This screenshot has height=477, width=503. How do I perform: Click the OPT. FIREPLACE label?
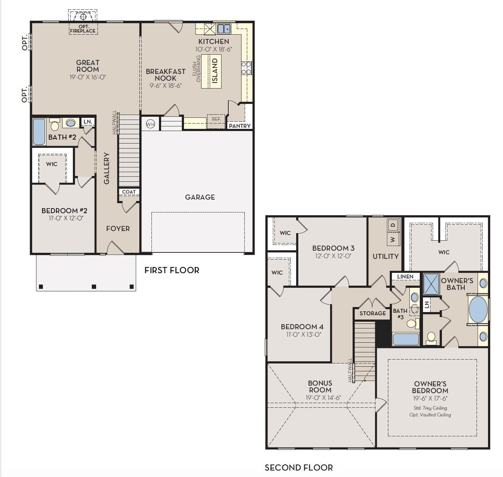(83, 29)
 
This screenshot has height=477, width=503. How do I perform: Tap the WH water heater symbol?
(150, 124)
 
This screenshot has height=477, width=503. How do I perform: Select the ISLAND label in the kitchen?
(215, 71)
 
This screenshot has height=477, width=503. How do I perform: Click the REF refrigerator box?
(216, 119)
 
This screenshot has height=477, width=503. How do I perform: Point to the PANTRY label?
(240, 126)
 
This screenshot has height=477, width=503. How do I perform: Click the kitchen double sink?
(224, 28)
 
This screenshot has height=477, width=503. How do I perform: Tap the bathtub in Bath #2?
(39, 132)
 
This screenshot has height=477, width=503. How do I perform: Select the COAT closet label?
(129, 192)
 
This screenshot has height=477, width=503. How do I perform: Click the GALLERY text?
(106, 169)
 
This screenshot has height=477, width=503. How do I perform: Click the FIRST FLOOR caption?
(172, 270)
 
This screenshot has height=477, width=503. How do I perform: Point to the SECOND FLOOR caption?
(299, 467)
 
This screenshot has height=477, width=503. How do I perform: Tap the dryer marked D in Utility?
(393, 226)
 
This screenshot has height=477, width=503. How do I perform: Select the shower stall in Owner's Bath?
(431, 284)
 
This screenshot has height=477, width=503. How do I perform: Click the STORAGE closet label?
(373, 313)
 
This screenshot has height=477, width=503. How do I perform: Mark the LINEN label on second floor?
(405, 276)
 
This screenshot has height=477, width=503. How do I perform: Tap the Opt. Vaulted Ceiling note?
(430, 415)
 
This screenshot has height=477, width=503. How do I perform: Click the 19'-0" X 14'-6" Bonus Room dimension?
(323, 397)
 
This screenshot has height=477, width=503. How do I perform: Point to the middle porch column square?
(94, 286)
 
